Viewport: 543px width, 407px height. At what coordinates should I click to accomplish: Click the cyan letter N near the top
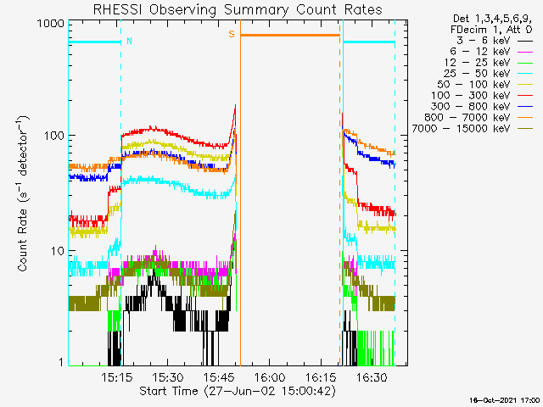point(129,40)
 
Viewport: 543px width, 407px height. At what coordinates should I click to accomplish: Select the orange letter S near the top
point(231,35)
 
